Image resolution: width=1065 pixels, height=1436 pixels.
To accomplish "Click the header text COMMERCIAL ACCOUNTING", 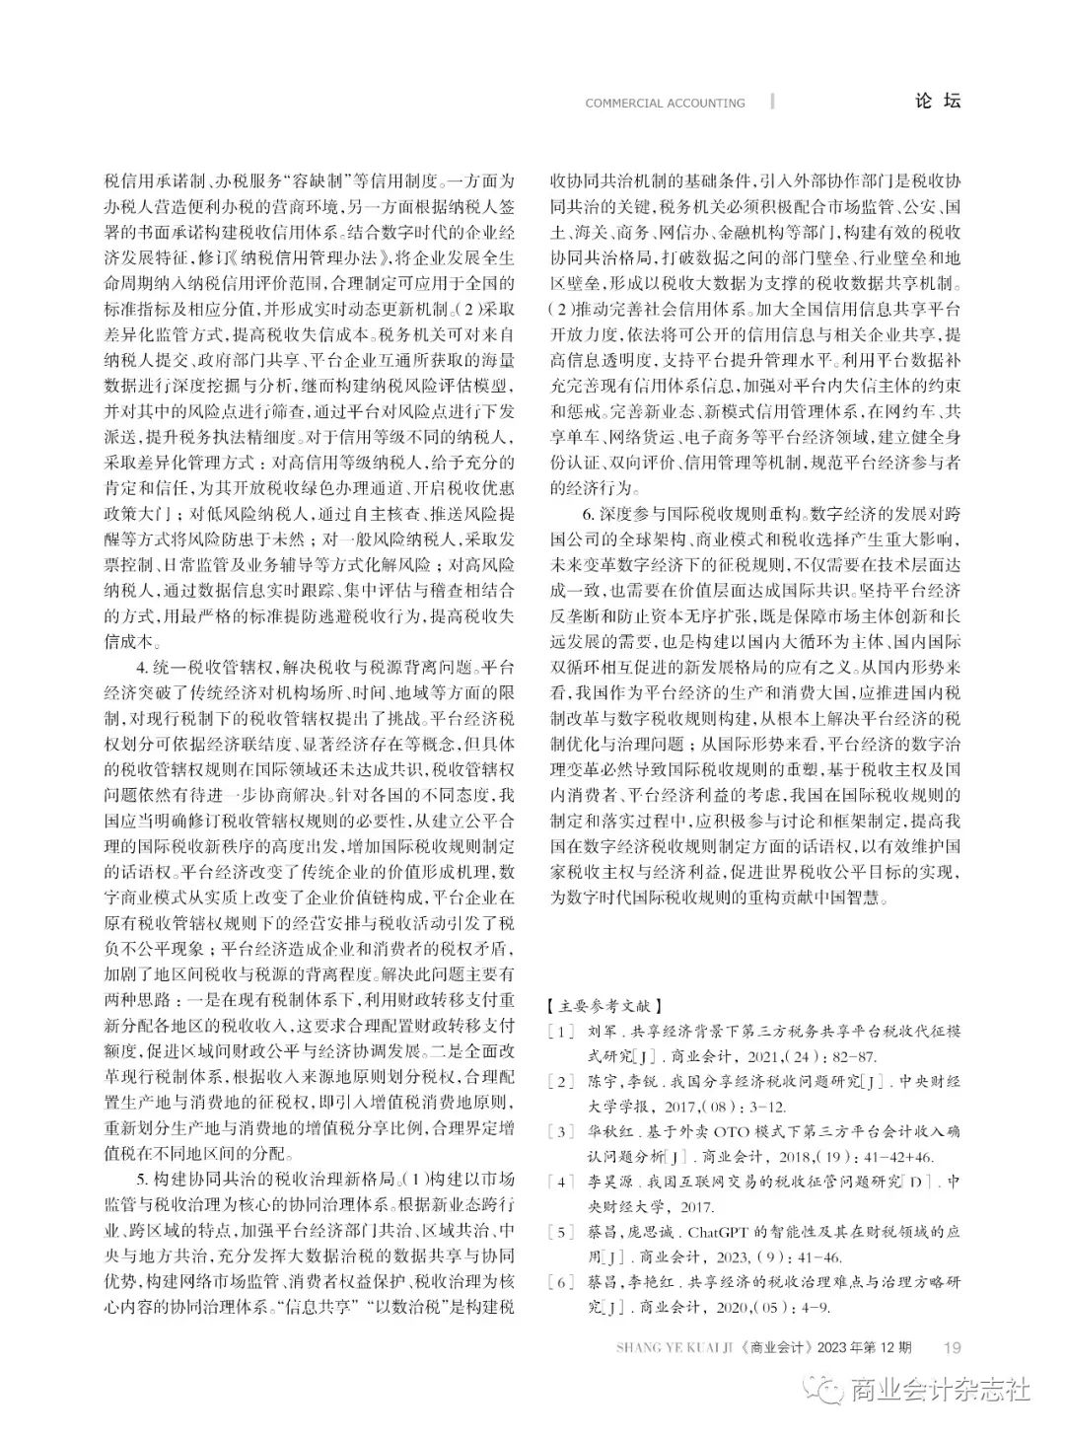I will pos(665,103).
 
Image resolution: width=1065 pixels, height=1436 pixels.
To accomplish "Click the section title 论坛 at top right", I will pos(937,101).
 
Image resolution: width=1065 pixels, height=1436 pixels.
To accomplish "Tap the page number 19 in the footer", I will pos(953,1347).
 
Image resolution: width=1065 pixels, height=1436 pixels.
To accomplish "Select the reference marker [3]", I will pos(560,1130).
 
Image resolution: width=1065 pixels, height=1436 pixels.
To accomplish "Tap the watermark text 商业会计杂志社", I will pos(940,1391).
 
